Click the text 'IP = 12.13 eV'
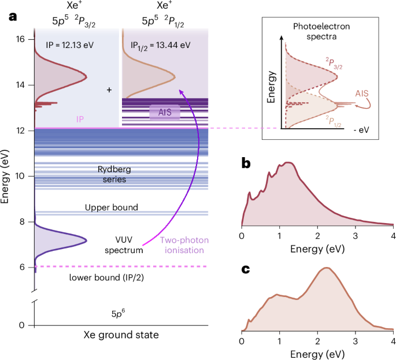tap(71, 44)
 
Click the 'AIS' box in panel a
tap(165, 112)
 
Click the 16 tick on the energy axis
tap(21, 39)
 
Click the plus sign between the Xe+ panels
tap(109, 91)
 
